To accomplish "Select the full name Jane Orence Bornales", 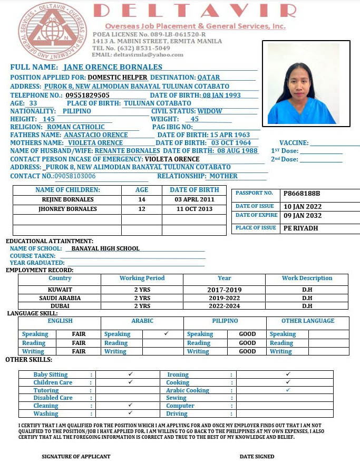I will [x=113, y=67].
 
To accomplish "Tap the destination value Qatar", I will [x=209, y=78].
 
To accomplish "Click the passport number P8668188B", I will [x=301, y=194].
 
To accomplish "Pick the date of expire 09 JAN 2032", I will [x=302, y=216].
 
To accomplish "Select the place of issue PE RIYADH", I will [x=300, y=228].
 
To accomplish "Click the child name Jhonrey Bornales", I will [x=68, y=209].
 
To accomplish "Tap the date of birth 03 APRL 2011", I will [x=194, y=200].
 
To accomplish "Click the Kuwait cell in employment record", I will [x=60, y=290].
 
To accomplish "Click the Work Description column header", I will [x=307, y=278].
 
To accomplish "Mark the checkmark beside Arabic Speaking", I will [x=166, y=333].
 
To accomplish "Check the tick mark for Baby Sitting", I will [x=130, y=374].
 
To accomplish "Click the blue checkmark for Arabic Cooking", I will [x=288, y=390].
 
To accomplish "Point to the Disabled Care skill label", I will [x=53, y=398].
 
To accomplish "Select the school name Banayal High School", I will [x=105, y=248].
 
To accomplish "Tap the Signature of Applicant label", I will [x=76, y=456].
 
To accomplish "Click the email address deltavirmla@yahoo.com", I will [x=138, y=55].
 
